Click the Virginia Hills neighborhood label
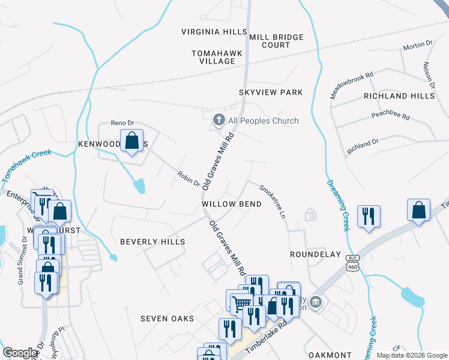(x=214, y=31)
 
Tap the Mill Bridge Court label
(x=276, y=41)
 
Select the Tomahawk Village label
(x=217, y=57)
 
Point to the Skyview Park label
(x=271, y=92)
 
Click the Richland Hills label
(x=399, y=96)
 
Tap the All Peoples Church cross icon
(x=219, y=121)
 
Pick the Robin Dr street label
(x=188, y=178)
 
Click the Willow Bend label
(x=232, y=204)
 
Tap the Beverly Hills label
(x=152, y=242)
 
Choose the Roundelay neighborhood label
(x=315, y=254)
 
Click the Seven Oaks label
(x=167, y=318)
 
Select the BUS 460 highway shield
(x=352, y=264)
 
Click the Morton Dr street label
(x=418, y=45)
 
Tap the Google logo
(x=20, y=353)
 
